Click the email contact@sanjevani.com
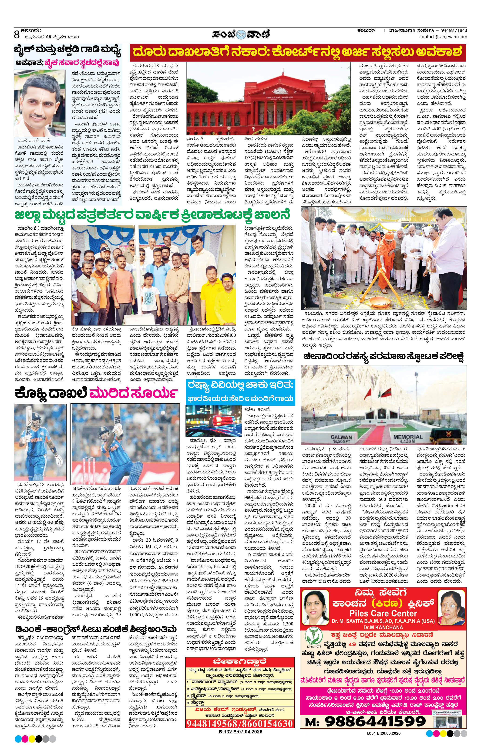pyautogui.click(x=443, y=37)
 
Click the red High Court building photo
pyautogui.click(x=269, y=99)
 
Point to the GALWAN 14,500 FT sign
pyautogui.click(x=341, y=439)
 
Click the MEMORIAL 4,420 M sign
pyautogui.click(x=408, y=439)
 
